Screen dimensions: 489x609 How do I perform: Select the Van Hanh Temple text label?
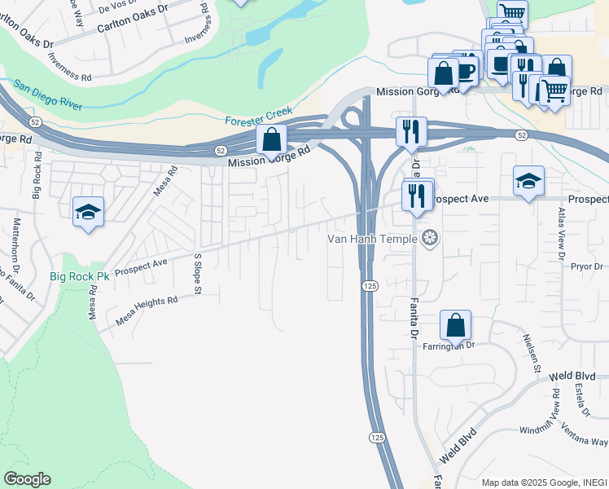point(373,239)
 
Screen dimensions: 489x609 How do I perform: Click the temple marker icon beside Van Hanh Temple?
point(431,238)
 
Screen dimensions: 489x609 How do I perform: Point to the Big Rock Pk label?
point(79,276)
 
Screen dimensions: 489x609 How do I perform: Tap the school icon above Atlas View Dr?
point(528,181)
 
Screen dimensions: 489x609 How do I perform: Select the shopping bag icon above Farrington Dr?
point(456,325)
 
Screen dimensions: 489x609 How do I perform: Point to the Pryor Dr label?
point(586,267)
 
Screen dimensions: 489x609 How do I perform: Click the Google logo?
point(27,479)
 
